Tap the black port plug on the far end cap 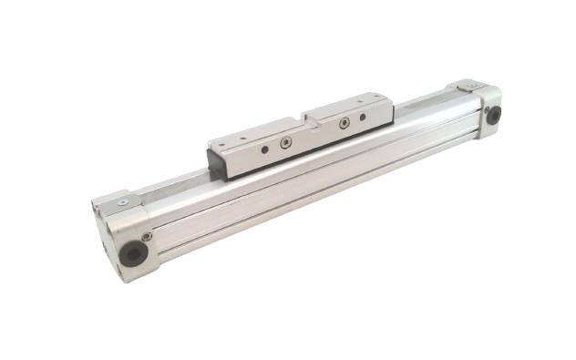494,116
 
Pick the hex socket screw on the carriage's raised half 345,123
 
